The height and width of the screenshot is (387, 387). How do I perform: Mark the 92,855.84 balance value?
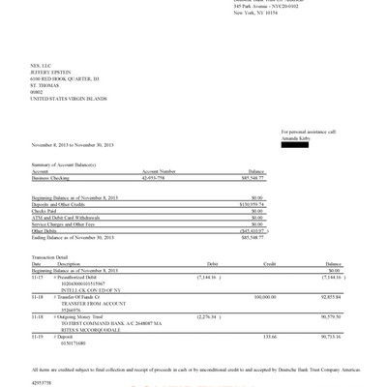(331, 296)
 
